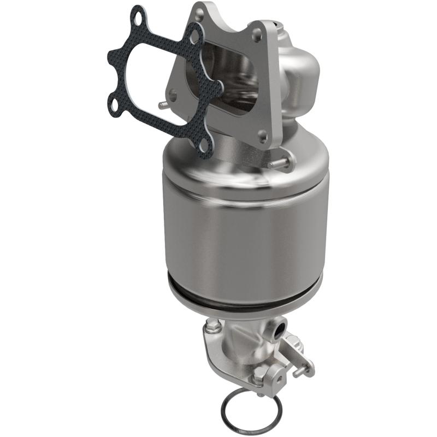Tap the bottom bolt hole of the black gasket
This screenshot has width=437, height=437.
[x=203, y=147]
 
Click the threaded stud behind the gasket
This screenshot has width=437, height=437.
[x=162, y=103]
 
